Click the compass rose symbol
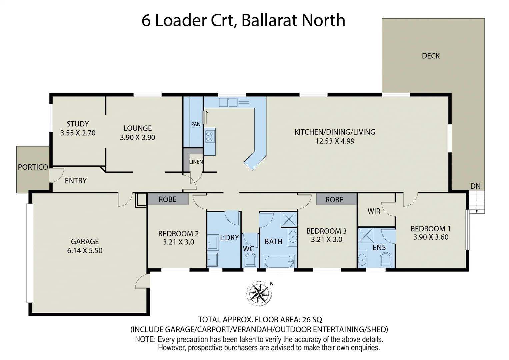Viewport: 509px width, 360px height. (259, 293)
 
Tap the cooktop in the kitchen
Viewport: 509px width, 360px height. (210, 136)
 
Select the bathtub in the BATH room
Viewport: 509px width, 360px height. (279, 261)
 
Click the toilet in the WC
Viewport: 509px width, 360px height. (250, 260)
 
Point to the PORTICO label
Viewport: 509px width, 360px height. (33, 167)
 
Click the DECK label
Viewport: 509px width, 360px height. (431, 56)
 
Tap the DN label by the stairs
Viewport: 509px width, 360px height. (475, 186)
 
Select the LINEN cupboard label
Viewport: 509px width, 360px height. (196, 162)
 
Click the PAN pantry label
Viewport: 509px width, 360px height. (196, 124)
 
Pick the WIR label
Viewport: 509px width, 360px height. (374, 211)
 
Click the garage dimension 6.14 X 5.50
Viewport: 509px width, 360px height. (85, 251)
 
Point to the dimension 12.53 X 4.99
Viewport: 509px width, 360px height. (335, 141)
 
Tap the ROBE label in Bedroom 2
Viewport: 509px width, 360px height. (167, 199)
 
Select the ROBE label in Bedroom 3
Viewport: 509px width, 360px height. (334, 200)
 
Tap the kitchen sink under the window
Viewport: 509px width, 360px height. (228, 102)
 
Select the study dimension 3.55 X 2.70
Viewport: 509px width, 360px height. (78, 133)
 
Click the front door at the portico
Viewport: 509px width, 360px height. (56, 175)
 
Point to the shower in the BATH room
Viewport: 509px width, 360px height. (289, 219)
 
